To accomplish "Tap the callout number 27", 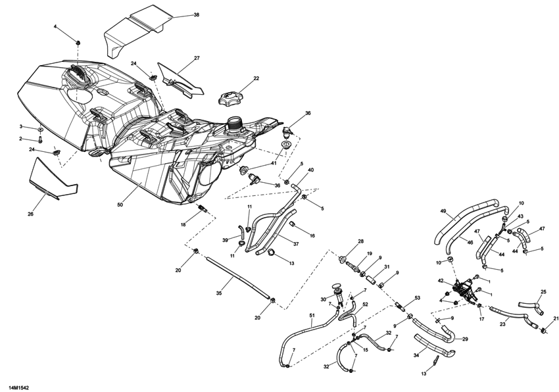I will pos(197,59).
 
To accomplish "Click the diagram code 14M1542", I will pos(18,388).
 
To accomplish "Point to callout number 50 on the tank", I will pos(120,205).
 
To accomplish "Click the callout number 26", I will pos(30,212).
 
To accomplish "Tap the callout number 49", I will pos(443,211).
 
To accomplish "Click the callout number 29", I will pos(465,339).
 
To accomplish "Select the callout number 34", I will pos(416,356).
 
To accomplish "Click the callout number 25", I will pos(543,292).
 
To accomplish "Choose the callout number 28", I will pos(360,242).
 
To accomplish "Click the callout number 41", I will pos(274,163).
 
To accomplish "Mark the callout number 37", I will pos(295,244).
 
